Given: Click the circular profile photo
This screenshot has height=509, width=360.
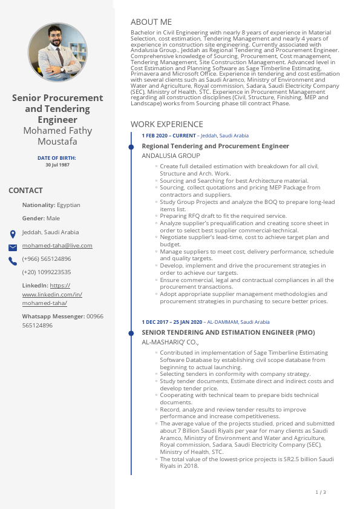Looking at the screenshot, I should [57, 53].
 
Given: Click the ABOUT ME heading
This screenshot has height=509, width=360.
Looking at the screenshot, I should [151, 22].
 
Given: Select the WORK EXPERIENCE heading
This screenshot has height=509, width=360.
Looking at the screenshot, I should [167, 124].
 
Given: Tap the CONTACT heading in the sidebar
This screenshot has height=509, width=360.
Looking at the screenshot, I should [25, 191].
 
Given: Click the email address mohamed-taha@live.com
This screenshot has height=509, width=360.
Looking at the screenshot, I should [57, 246].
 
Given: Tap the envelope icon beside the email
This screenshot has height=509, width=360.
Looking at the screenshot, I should [13, 248].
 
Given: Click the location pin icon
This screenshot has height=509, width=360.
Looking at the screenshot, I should [13, 234].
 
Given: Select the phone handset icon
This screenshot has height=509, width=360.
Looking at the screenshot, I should [13, 261].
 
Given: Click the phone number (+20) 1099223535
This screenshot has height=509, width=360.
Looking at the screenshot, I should [47, 272].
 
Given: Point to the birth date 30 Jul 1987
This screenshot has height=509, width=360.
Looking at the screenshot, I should [57, 165].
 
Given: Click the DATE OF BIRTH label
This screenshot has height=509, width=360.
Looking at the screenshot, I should [57, 158].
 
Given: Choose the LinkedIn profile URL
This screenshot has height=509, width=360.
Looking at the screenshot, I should [52, 294].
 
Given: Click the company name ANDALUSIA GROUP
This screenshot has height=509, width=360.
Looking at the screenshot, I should [171, 156].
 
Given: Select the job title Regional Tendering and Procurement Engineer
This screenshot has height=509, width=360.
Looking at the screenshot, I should [215, 146].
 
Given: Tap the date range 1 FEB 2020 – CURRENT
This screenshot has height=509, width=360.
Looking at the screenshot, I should [169, 136].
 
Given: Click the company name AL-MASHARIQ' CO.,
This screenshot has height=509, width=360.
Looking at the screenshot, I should [170, 342].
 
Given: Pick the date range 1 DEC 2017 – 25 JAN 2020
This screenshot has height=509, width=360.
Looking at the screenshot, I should [172, 322].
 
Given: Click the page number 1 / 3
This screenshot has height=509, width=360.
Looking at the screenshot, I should [321, 492].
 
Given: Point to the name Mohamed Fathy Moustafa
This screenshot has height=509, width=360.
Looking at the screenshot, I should [57, 136].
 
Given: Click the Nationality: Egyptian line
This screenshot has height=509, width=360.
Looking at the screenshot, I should [51, 205].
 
